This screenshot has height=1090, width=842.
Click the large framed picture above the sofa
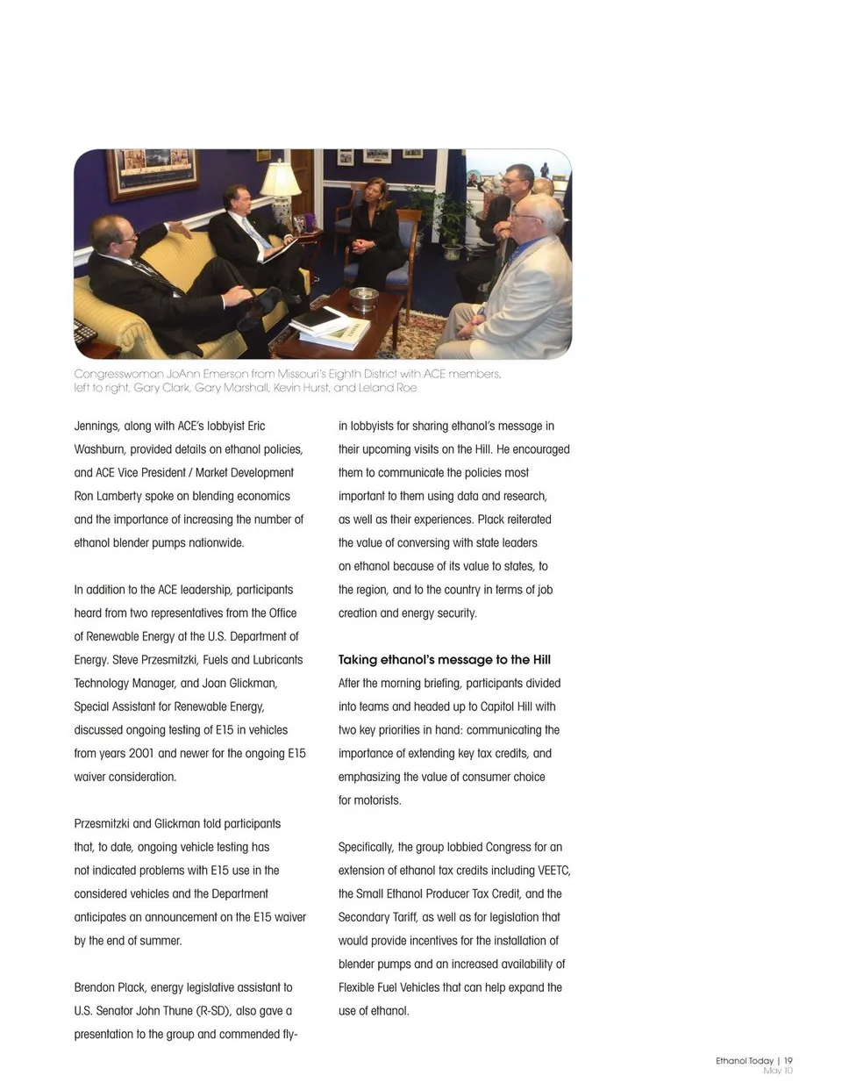coord(151,173)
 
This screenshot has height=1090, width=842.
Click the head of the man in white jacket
coord(536,220)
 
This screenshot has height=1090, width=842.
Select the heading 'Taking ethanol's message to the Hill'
coord(444,660)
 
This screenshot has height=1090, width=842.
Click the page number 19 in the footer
coord(788,1060)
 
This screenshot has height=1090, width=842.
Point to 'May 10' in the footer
coord(777,1071)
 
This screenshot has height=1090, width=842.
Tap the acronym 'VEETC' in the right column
coord(554,871)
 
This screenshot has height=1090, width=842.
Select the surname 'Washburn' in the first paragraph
coord(101,449)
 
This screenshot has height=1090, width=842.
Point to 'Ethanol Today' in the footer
coord(744,1060)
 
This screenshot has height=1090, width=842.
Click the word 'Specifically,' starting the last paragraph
coord(366,848)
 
